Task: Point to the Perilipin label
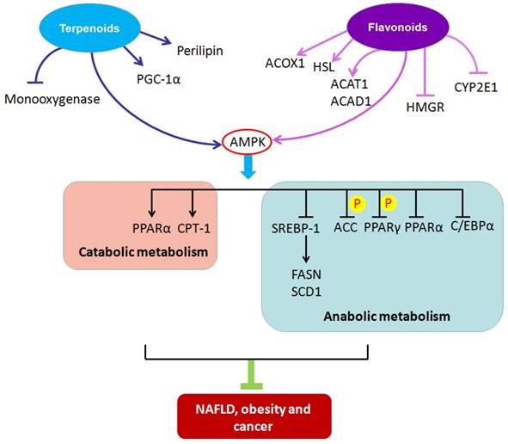(199, 51)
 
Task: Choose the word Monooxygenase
(52, 99)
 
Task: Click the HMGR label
(424, 107)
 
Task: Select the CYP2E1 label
(480, 86)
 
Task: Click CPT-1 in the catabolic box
(194, 228)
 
